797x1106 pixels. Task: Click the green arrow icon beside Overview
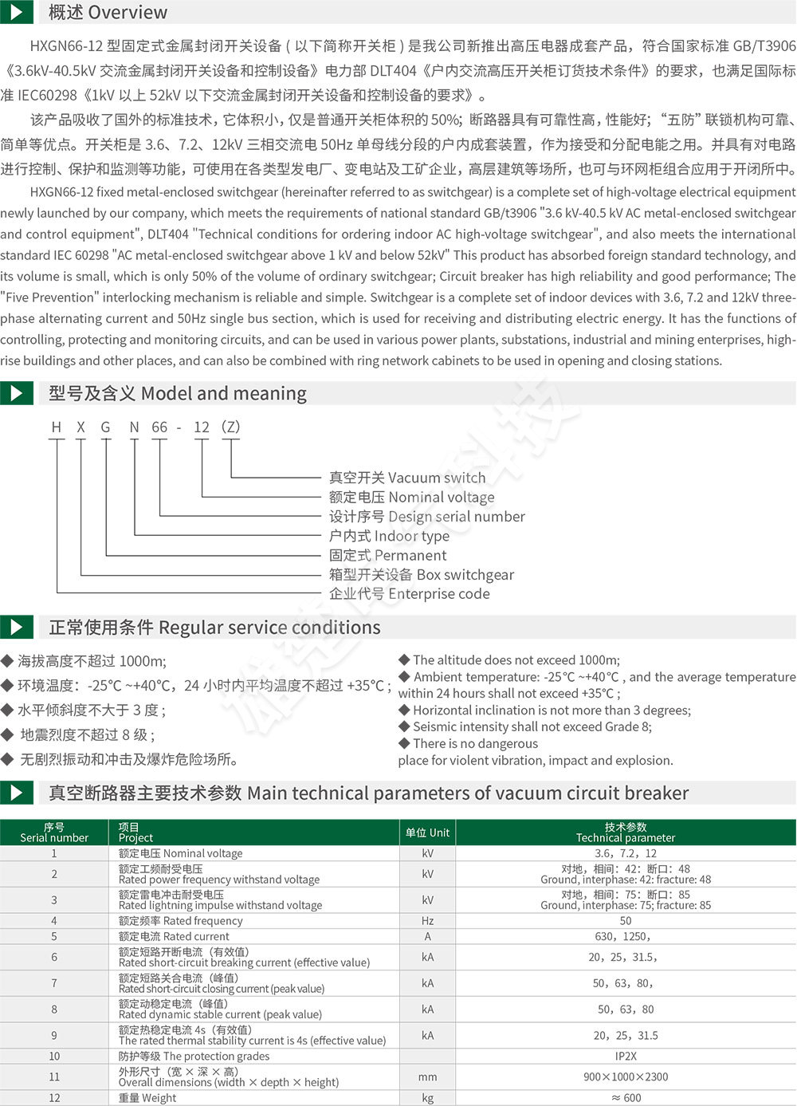(x=16, y=11)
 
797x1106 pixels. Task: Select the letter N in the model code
(x=134, y=427)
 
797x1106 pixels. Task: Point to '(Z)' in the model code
(x=230, y=427)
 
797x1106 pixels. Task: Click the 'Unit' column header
(x=427, y=832)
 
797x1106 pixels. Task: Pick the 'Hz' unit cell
(x=427, y=920)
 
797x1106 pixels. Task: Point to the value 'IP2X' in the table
(x=625, y=1056)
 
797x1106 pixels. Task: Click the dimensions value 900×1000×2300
(x=625, y=1076)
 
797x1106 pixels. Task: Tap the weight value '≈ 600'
(x=625, y=1097)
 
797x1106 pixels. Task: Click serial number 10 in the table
(x=54, y=1056)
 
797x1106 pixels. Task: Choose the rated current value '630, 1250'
(x=625, y=936)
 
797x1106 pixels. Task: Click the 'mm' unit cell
(x=427, y=1076)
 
